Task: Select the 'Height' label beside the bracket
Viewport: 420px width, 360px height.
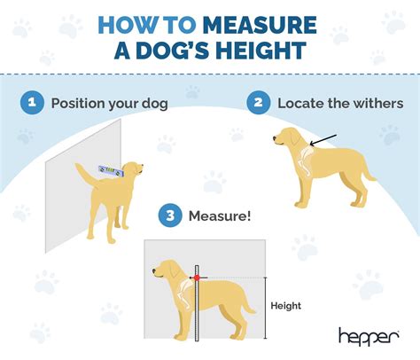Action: (x=285, y=306)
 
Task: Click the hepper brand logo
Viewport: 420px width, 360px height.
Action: (x=369, y=334)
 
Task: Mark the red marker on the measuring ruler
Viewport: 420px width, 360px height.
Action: (x=197, y=278)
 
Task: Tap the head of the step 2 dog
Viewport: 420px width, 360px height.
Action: (x=284, y=137)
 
